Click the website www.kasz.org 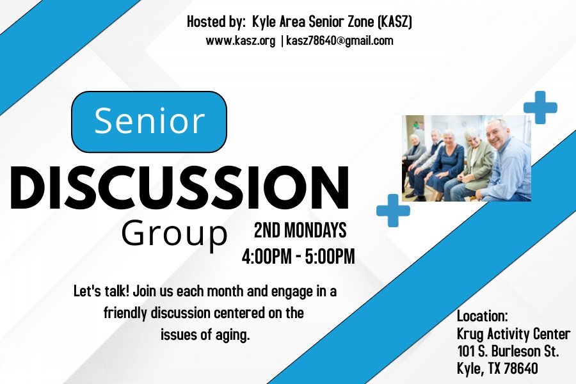coord(240,40)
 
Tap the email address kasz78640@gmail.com coord(340,40)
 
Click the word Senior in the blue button coord(149,120)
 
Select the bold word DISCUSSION coord(179,188)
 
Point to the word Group coord(175,234)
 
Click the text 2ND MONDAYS coord(300,230)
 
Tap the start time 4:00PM coord(267,257)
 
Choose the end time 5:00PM coord(330,257)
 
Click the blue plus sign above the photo coord(540,108)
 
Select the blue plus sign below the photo coord(393,211)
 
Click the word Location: coord(483,316)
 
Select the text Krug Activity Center coord(513,334)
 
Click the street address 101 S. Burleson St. coord(508,351)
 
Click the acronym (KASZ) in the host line coord(395,22)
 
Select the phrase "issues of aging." coord(205,335)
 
